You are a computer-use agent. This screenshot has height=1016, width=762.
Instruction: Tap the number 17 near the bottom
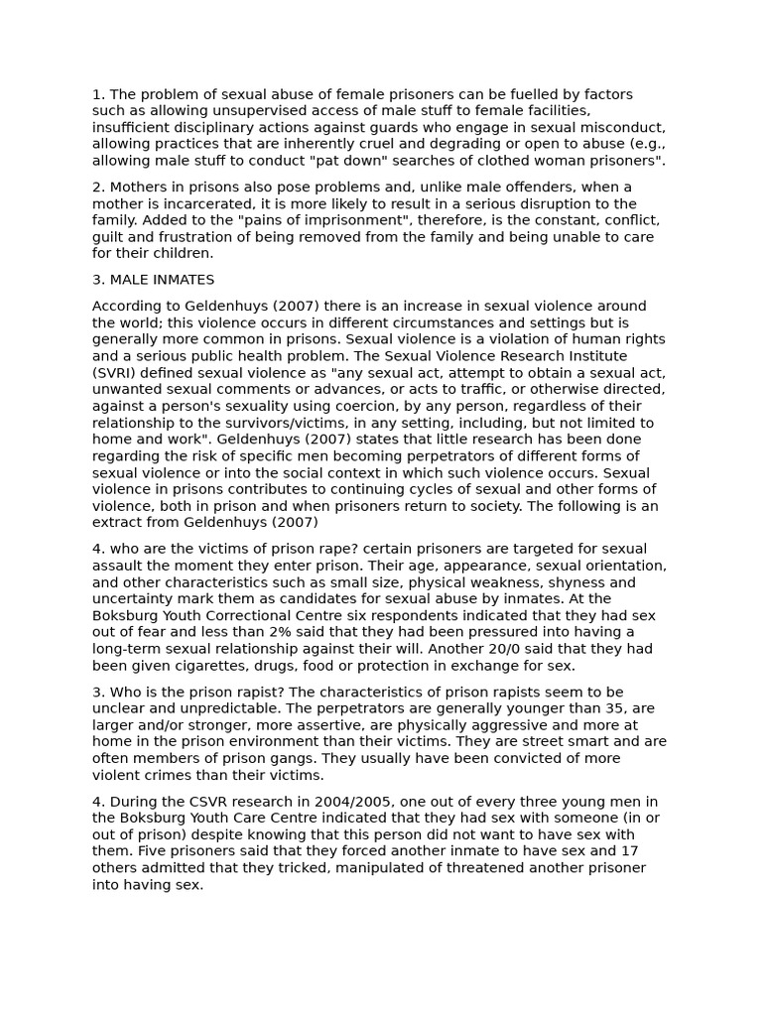629,851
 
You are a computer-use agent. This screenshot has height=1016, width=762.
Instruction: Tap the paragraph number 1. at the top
98,94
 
